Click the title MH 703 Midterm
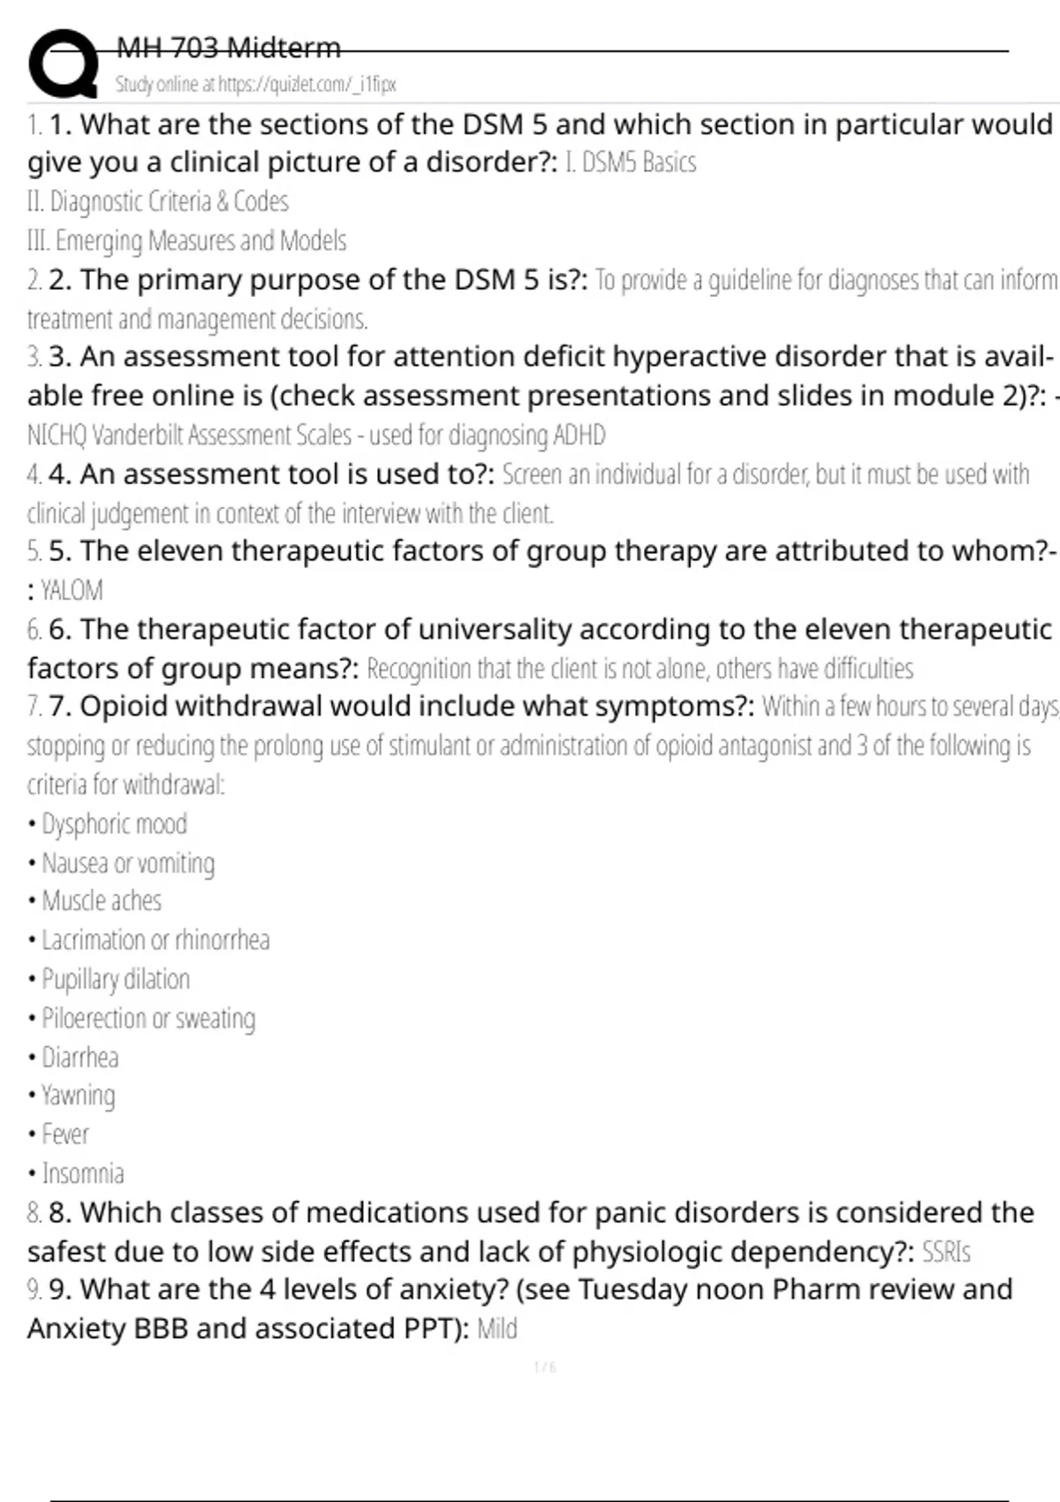pos(228,48)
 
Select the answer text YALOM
pos(72,590)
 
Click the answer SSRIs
pos(945,1252)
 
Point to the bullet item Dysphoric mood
pos(114,824)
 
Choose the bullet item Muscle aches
pos(102,901)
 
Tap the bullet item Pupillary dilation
pos(116,979)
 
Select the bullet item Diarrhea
pos(79,1057)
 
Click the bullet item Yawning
pos(78,1096)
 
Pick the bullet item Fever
pos(65,1134)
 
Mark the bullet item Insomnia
pos(83,1173)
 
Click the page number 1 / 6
pos(545,1368)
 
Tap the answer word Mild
pos(496,1329)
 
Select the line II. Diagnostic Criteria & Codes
pos(157,201)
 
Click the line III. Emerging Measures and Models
pos(186,240)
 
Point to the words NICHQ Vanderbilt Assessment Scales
pos(189,435)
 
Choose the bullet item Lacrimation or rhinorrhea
pos(155,940)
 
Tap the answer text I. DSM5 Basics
pos(630,163)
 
